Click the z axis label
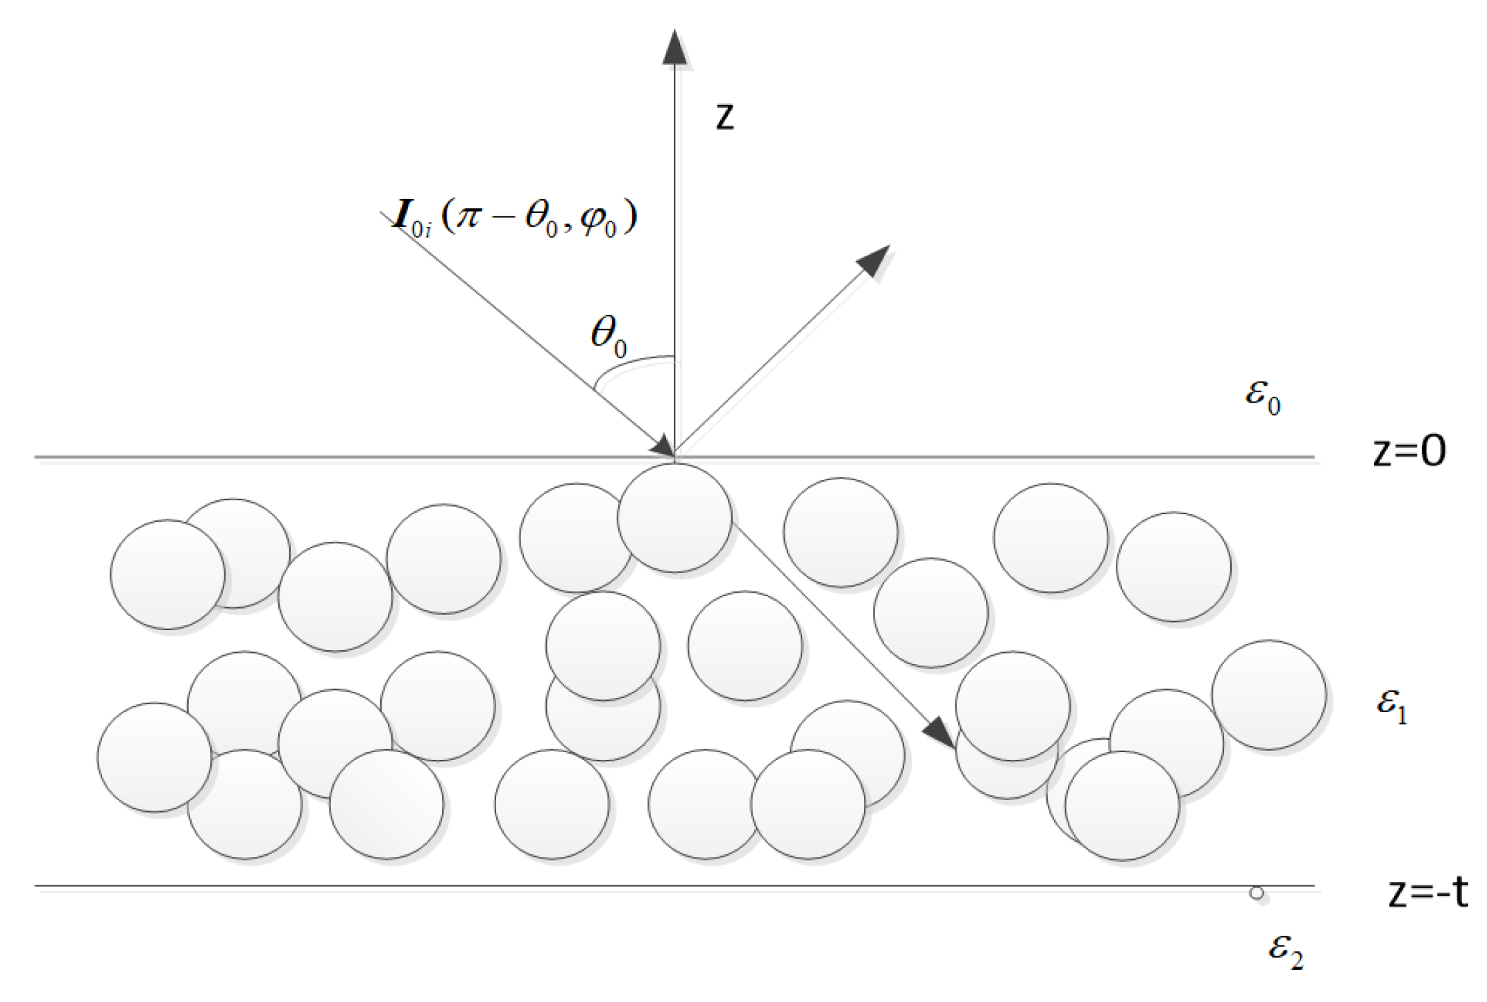(x=724, y=116)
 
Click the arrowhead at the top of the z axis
(x=674, y=47)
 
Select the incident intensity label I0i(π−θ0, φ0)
(x=514, y=218)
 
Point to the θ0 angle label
(x=609, y=335)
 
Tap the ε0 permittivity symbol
(x=1262, y=395)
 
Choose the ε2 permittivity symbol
(x=1286, y=949)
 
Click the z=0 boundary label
(x=1409, y=451)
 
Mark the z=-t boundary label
(x=1428, y=892)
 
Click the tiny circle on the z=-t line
(x=1257, y=893)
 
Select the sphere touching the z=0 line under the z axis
(x=674, y=518)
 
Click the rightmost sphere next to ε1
(x=1268, y=695)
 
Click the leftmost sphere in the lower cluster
(x=154, y=757)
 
